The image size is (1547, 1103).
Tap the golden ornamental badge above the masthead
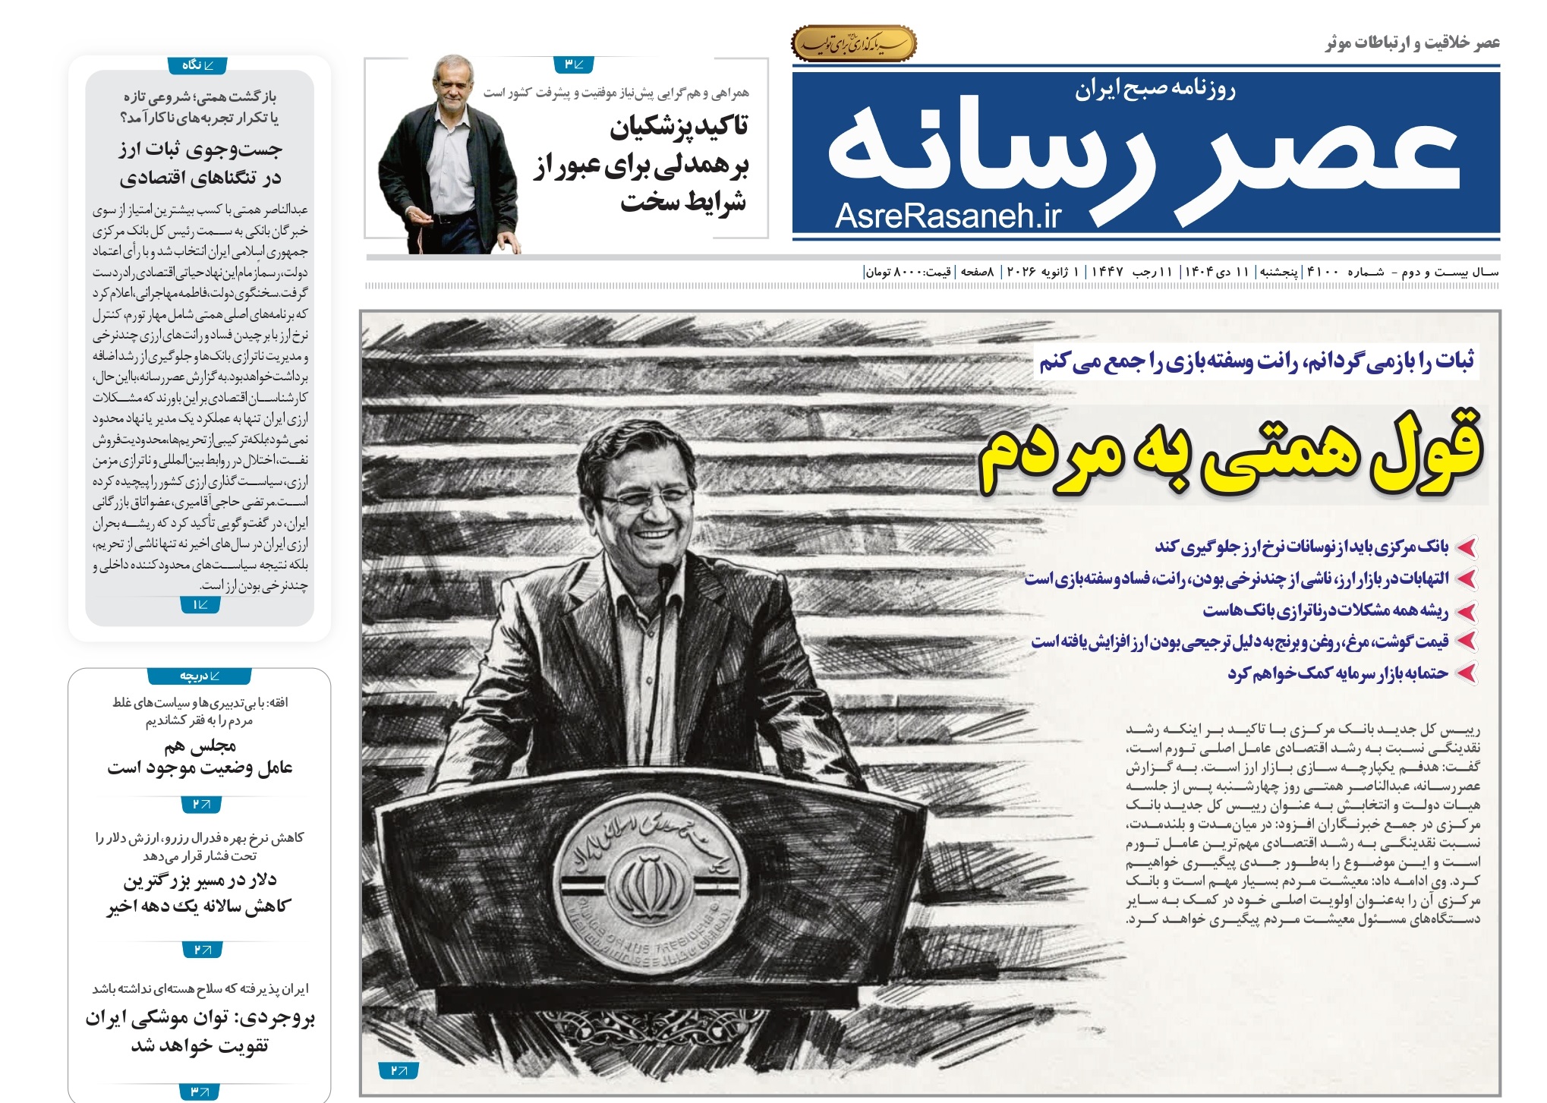[853, 44]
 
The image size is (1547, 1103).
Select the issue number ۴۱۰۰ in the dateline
[1322, 272]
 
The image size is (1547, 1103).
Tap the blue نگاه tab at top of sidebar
[199, 65]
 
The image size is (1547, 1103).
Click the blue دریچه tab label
[200, 676]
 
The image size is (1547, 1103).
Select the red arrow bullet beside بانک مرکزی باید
[1466, 547]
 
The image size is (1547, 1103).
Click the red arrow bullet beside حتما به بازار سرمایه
[1466, 673]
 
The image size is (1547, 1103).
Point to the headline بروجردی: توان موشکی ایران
[200, 1018]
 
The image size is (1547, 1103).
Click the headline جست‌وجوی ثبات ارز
[200, 150]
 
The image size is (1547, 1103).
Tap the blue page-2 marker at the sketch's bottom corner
[399, 1070]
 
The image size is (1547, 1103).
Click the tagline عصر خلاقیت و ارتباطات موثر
[1412, 43]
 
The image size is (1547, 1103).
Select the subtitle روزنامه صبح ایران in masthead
[1155, 90]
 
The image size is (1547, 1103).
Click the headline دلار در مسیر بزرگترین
[200, 881]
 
